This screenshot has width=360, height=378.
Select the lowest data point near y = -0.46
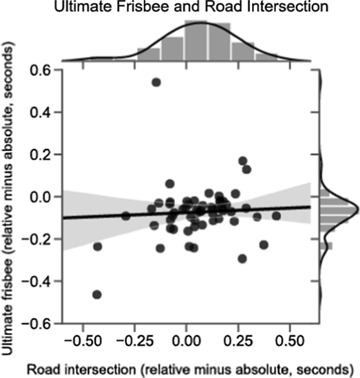97,295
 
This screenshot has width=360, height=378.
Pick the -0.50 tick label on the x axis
82,341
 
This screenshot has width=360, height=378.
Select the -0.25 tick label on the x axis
133,341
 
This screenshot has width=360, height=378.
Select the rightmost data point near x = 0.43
276,216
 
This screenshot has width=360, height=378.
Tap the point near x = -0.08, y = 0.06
170,184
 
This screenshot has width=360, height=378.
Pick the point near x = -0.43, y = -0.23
97,246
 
